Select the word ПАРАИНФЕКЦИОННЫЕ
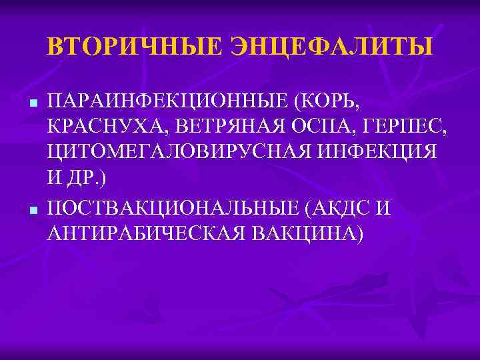coord(169,103)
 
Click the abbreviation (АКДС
coord(335,209)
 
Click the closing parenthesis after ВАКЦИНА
coord(360,234)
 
